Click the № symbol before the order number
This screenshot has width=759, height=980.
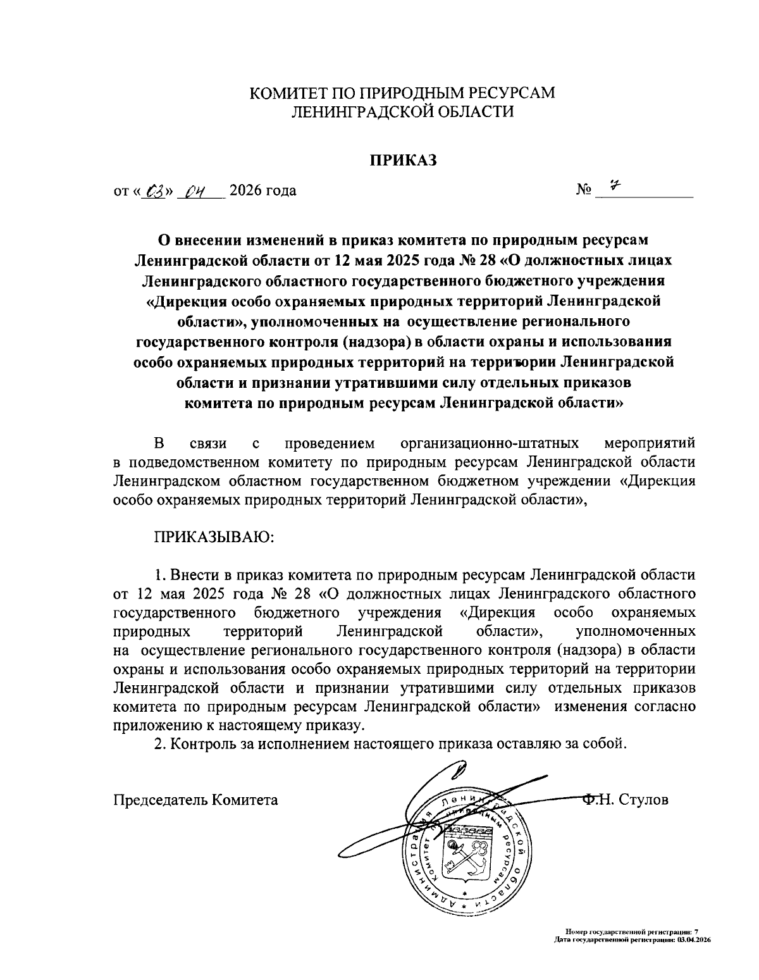[584, 190]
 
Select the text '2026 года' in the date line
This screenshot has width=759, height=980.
[262, 190]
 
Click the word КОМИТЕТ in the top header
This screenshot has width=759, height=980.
[288, 93]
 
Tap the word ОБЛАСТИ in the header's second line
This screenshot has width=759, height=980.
[471, 111]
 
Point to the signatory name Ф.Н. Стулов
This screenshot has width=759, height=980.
[625, 800]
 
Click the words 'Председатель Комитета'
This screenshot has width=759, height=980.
[195, 800]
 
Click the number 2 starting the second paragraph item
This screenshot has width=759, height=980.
[160, 743]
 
